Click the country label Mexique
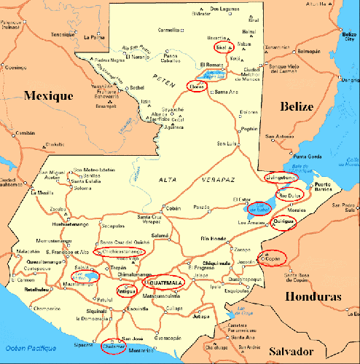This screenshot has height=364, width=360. point(48,95)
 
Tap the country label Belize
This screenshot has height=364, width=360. point(297,106)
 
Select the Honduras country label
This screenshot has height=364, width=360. point(313,296)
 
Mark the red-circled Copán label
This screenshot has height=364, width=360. point(273,258)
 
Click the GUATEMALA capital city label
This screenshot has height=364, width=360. point(165,282)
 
